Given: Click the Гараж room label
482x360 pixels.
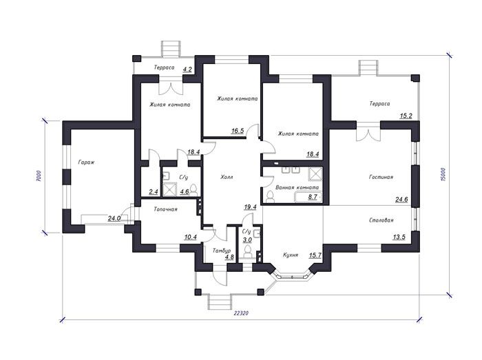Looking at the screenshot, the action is pos(86,162).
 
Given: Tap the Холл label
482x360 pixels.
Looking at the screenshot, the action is pos(227,177).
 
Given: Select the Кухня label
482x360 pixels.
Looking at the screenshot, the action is pos(290,255).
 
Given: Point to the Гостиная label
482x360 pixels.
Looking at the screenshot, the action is pos(381,177).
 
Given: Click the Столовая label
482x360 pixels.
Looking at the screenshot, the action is pos(381,220).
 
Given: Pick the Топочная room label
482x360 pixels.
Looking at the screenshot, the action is pos(165,209).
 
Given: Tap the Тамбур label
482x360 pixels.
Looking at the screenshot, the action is pos(222,251).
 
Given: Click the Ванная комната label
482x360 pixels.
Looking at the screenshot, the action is pos(297,187).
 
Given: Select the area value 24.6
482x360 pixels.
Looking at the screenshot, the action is pos(401,200).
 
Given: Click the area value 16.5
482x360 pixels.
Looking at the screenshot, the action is pos(238,131).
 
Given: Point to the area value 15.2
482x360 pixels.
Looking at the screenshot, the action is pos(406,116).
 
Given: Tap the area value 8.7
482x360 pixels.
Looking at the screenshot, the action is pos(313,197).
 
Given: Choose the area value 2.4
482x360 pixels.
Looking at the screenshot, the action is pos(153,192).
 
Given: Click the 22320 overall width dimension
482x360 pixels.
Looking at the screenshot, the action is pos(241,313).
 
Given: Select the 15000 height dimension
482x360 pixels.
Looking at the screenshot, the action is pos(443,174).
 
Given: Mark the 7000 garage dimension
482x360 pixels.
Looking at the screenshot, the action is pos(38,176).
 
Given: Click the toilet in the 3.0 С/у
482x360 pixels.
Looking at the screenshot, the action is pos(247,252).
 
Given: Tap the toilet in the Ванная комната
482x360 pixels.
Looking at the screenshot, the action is pos(271,198).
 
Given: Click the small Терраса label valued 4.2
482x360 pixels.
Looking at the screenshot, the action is pos(164,67).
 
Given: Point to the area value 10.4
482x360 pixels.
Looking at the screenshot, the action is pos(191,237).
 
